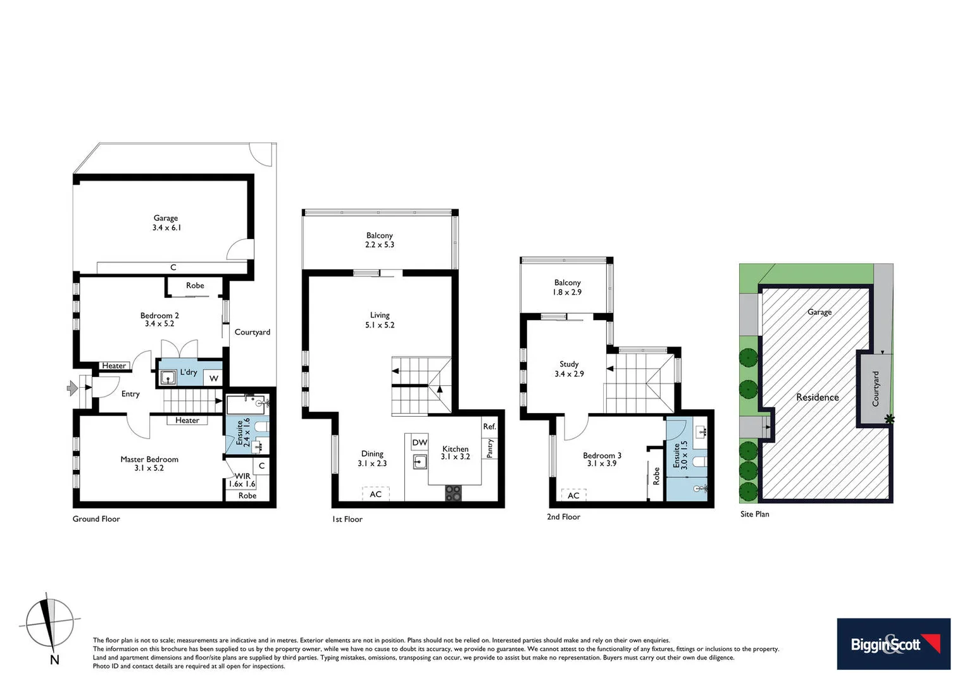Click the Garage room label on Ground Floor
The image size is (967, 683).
[166, 218]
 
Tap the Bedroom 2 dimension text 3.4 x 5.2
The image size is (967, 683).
[159, 324]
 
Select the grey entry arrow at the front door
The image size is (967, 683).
[73, 388]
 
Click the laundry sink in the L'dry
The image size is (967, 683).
[168, 378]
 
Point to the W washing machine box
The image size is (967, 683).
[214, 378]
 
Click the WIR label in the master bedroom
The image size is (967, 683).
[242, 476]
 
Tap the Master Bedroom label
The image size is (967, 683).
[149, 459]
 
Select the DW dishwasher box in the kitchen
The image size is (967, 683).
[420, 443]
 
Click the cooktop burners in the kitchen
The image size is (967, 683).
[453, 493]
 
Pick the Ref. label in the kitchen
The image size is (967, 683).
[489, 426]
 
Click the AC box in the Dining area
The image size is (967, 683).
[376, 494]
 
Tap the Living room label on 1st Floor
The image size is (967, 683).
[380, 315]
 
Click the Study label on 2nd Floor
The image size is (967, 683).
[569, 364]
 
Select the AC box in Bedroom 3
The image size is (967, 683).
[573, 495]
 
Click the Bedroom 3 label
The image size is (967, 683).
[602, 455]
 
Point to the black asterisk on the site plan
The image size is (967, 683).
[890, 419]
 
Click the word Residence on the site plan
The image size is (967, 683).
[817, 397]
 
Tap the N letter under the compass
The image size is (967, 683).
[54, 660]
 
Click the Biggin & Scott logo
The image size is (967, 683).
[893, 644]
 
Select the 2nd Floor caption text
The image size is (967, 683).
[563, 517]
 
